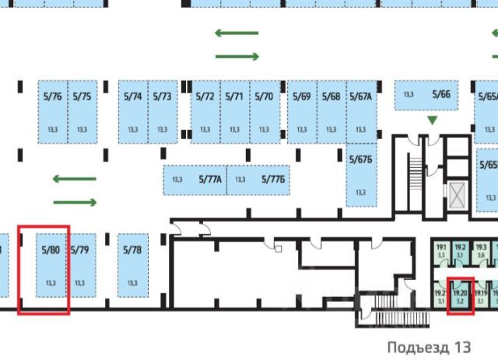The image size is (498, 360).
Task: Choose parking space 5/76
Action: click(x=53, y=113)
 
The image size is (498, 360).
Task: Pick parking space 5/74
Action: click(x=133, y=113)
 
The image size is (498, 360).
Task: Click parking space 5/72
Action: click(x=205, y=113)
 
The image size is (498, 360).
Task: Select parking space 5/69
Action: click(x=302, y=113)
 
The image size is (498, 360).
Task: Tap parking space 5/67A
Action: click(x=360, y=113)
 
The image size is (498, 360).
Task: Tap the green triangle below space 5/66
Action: click(x=433, y=120)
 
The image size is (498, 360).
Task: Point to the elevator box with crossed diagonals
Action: click(x=456, y=195)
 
